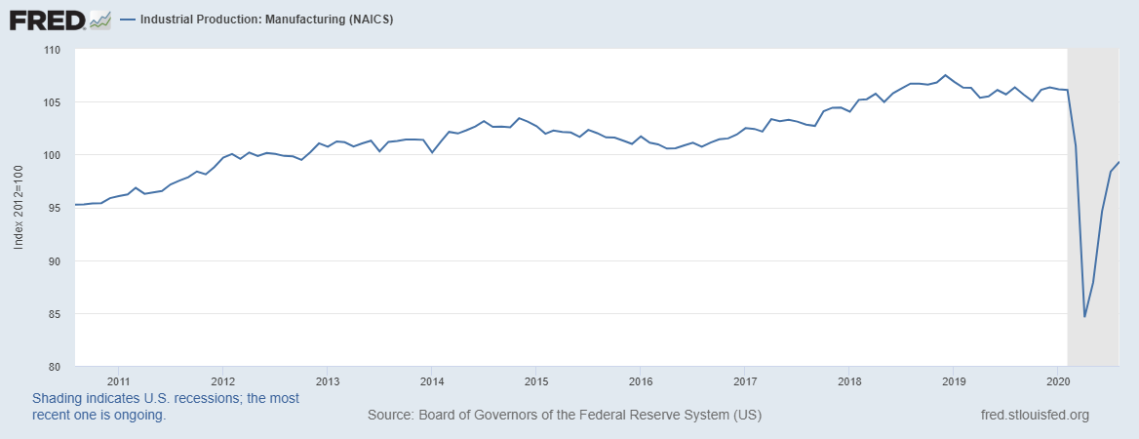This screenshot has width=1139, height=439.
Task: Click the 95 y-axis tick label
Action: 55,208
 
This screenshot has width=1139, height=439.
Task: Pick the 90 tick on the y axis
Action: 55,260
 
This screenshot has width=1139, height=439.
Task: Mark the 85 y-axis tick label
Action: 55,313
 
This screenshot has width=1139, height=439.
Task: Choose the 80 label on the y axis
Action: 55,366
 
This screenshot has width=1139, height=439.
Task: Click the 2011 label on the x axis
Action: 118,380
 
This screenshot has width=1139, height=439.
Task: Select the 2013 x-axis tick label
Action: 328,380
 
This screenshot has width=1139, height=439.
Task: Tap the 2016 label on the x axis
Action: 640,380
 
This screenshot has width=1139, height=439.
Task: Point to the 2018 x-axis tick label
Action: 849,380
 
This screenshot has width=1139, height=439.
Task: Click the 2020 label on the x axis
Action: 1058,380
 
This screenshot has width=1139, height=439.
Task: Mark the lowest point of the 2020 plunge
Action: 1084,316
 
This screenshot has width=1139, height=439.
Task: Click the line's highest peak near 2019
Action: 946,75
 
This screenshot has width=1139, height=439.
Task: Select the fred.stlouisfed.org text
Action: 1035,416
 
